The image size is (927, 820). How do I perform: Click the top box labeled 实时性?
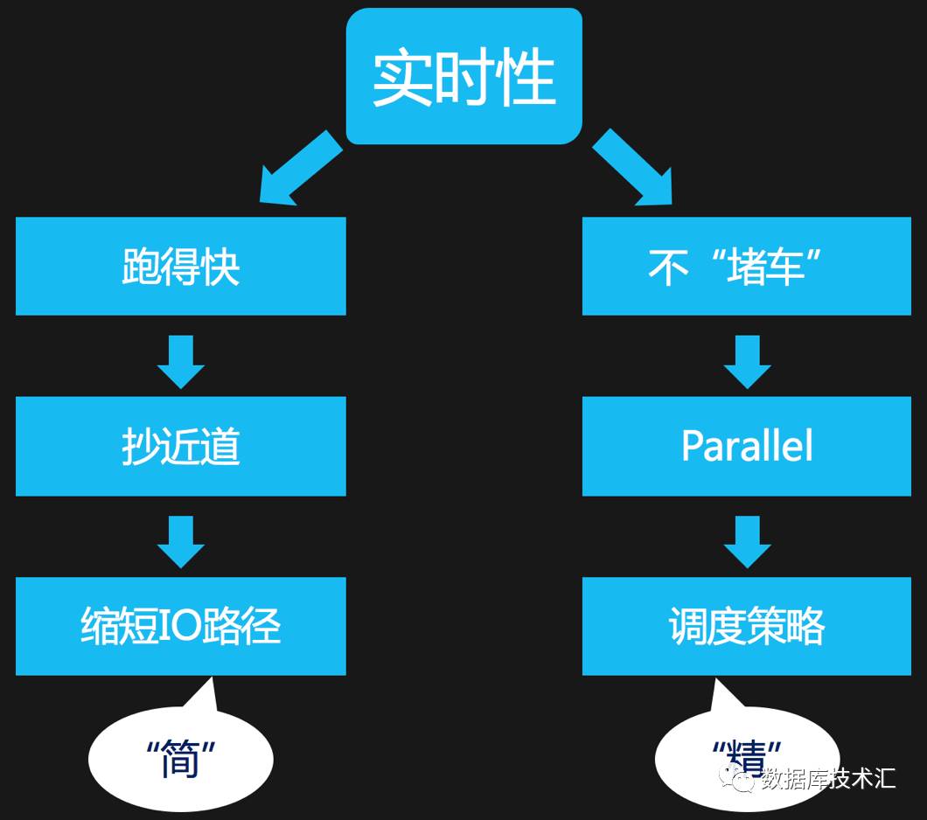click(464, 76)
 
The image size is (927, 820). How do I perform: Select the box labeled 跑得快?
click(181, 267)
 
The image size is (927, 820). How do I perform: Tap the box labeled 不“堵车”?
click(747, 267)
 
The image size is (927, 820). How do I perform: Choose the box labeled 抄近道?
click(181, 447)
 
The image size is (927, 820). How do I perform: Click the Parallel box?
click(747, 447)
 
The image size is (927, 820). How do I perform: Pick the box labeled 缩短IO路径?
click(181, 627)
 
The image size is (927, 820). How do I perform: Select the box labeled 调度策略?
click(747, 627)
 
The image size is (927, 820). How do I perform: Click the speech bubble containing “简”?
click(181, 757)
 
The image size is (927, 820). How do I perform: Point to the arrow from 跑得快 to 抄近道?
click(181, 360)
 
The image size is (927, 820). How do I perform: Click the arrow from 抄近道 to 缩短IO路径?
click(181, 541)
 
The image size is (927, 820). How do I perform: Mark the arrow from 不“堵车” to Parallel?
click(747, 360)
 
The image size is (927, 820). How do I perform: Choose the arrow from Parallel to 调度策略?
click(747, 541)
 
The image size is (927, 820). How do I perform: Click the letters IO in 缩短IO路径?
click(180, 627)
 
